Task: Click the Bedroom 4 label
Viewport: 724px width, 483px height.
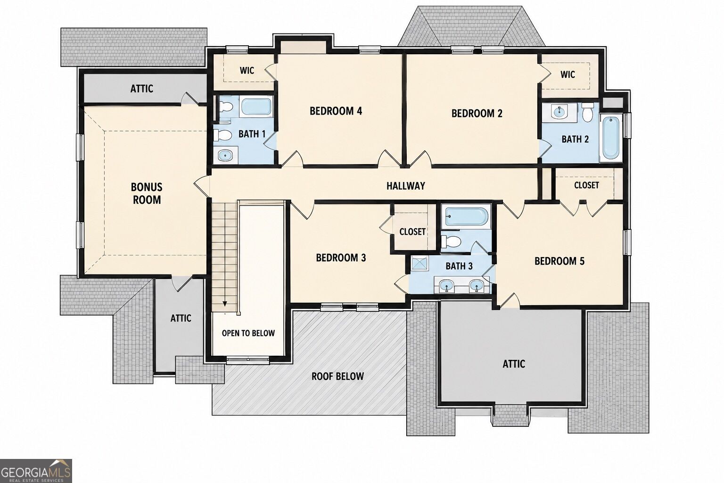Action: [x=336, y=111]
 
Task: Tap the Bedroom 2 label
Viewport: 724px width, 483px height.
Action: [x=477, y=113]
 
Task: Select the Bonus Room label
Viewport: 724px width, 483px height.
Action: [x=147, y=193]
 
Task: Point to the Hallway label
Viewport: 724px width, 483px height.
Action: [x=406, y=186]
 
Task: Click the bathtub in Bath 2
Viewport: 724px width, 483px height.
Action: [x=611, y=138]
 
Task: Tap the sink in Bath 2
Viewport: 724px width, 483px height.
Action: [x=558, y=112]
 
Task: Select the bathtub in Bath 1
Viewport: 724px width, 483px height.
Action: [x=256, y=107]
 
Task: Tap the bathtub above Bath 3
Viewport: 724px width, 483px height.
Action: [x=466, y=217]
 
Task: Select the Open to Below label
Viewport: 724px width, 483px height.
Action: [x=248, y=333]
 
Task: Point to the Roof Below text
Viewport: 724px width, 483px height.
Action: [x=338, y=376]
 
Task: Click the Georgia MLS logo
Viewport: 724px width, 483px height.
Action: [x=36, y=471]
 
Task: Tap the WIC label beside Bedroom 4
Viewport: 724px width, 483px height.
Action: [x=247, y=70]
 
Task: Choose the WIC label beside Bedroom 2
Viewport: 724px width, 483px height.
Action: [x=568, y=75]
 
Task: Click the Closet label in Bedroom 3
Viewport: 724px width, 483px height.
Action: [x=412, y=232]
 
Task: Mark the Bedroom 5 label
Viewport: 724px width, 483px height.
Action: [x=559, y=261]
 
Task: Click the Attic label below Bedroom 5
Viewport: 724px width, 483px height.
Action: [x=514, y=364]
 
